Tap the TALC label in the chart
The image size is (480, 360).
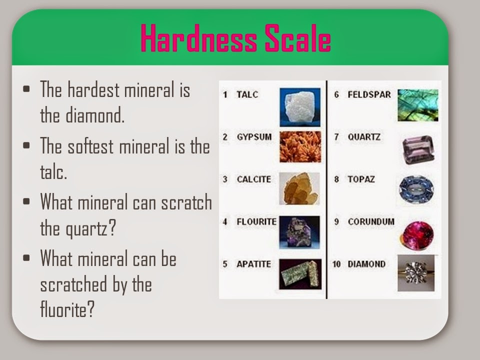(247, 94)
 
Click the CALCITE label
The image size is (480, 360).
(253, 179)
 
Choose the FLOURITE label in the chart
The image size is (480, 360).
(256, 221)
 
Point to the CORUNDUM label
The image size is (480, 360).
(370, 221)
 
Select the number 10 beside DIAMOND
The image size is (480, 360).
(336, 263)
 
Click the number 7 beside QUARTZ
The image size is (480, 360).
(337, 136)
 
